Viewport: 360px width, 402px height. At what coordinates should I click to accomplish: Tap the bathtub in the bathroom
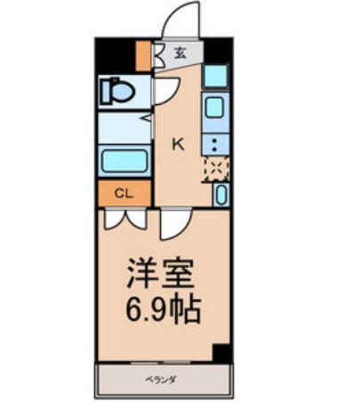click(124, 162)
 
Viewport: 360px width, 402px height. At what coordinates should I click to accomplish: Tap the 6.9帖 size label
click(164, 310)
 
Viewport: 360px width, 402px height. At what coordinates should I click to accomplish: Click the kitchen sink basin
click(216, 109)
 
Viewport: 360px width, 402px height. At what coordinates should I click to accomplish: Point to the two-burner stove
click(216, 142)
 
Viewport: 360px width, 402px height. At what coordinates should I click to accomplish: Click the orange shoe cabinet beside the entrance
click(145, 55)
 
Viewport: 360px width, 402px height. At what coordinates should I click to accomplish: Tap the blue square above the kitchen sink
click(216, 76)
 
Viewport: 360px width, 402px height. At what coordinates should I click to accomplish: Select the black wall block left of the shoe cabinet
click(116, 54)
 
